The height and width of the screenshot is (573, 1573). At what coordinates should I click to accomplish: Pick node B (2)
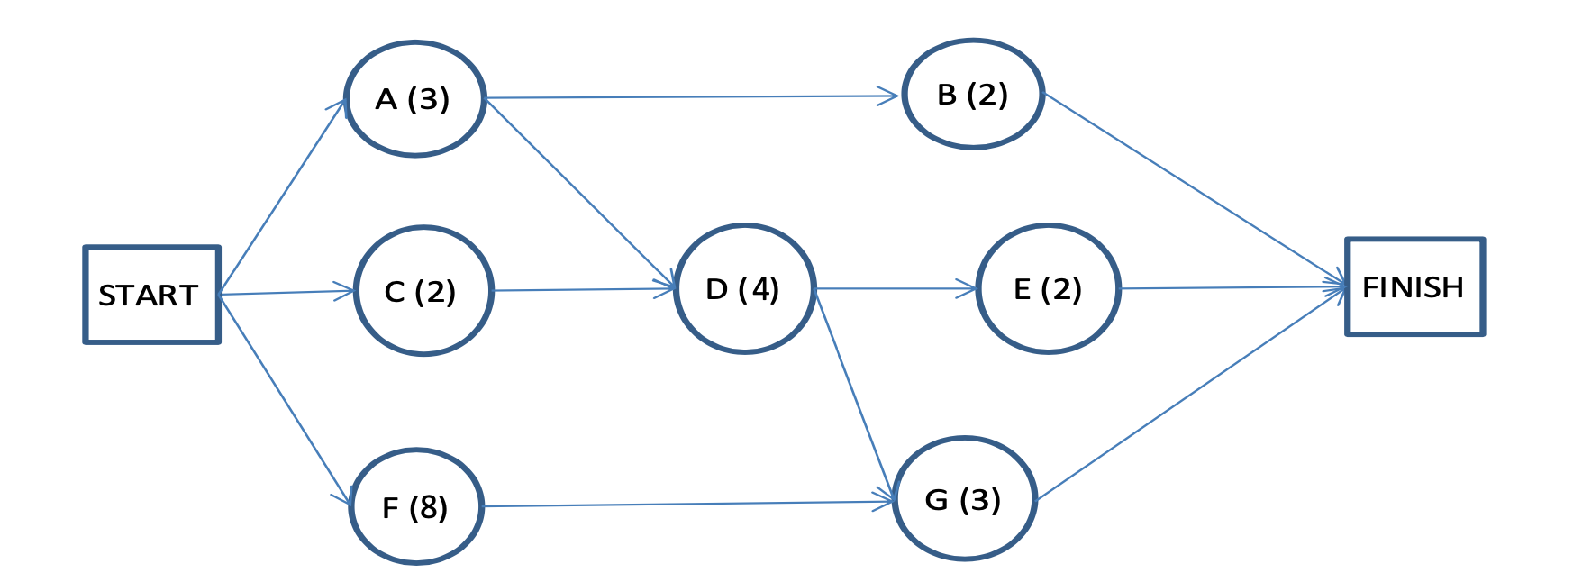[x=973, y=95]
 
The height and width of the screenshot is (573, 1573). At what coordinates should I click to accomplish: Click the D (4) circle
[x=744, y=289]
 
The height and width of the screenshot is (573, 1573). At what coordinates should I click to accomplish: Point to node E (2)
[x=1048, y=289]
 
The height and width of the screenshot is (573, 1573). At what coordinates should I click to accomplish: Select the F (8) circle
[x=416, y=507]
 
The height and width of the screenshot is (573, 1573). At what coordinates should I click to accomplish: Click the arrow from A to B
[x=692, y=96]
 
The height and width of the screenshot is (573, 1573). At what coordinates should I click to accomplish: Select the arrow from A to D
[x=580, y=192]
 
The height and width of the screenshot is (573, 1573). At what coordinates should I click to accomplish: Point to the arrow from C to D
[x=584, y=290]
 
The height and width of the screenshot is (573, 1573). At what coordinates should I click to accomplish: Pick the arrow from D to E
[x=896, y=289]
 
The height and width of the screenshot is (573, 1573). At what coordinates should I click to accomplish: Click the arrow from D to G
[x=853, y=393]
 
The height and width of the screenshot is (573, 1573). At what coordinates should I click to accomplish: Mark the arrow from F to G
[x=688, y=505]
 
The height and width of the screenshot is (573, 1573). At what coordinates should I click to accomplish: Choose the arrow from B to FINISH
[x=1195, y=190]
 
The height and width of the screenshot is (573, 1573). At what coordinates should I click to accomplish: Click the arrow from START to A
[x=282, y=196]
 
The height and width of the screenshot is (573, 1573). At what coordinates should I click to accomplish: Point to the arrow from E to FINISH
[x=1232, y=288]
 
